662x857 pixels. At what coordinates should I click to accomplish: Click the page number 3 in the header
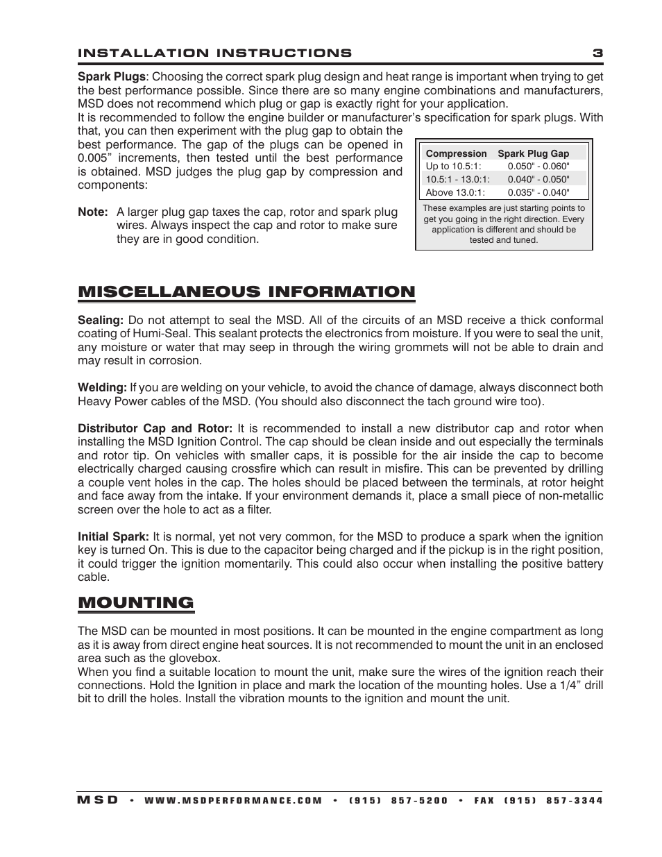(597, 53)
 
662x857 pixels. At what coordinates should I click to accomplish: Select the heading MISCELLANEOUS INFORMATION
(246, 291)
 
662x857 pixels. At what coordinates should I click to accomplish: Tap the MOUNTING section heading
(136, 602)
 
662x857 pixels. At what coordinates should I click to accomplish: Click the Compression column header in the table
(456, 153)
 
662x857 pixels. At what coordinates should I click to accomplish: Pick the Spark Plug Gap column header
(533, 153)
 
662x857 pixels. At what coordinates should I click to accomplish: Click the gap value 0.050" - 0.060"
(538, 166)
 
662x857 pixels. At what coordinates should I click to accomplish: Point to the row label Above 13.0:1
(455, 193)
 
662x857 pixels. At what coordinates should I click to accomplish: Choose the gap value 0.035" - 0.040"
(538, 193)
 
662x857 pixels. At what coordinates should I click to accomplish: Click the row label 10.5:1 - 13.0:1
(458, 179)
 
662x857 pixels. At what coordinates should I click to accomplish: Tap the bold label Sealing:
(101, 321)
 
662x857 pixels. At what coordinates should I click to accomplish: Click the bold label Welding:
(102, 388)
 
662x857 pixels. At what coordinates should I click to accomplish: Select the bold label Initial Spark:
(113, 537)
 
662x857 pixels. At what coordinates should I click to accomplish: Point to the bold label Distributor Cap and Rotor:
(155, 429)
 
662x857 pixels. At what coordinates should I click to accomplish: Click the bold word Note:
(92, 212)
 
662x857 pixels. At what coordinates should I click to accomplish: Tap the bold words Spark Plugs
(111, 77)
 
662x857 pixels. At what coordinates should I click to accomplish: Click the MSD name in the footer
(98, 800)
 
